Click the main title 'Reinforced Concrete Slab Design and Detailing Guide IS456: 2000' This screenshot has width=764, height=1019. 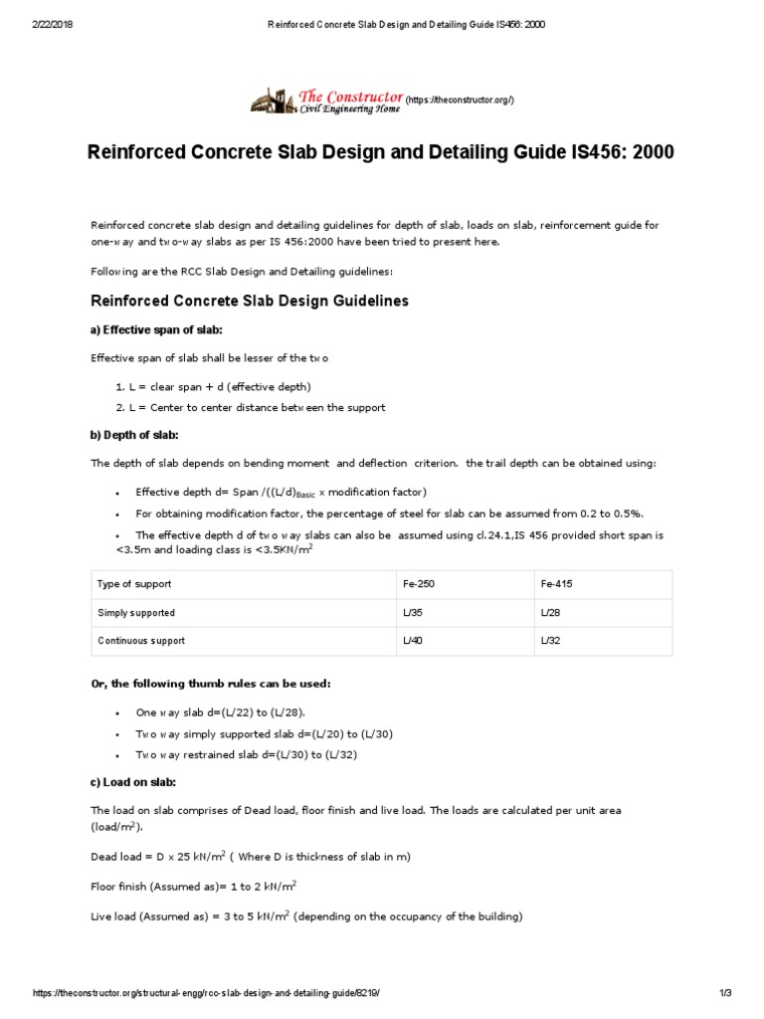coord(382,153)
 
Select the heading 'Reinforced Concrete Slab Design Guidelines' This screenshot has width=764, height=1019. coord(250,301)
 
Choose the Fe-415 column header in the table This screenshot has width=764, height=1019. coord(557,585)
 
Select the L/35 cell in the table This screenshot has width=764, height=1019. coord(413,613)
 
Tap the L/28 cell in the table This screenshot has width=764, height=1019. coord(550,613)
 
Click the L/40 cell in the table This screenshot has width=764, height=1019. coord(413,641)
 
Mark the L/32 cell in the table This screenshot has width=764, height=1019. coord(550,641)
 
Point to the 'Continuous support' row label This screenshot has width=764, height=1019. coord(141,641)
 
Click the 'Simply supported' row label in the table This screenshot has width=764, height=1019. coord(136,613)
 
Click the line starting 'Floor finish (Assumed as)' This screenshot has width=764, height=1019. coord(194,886)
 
